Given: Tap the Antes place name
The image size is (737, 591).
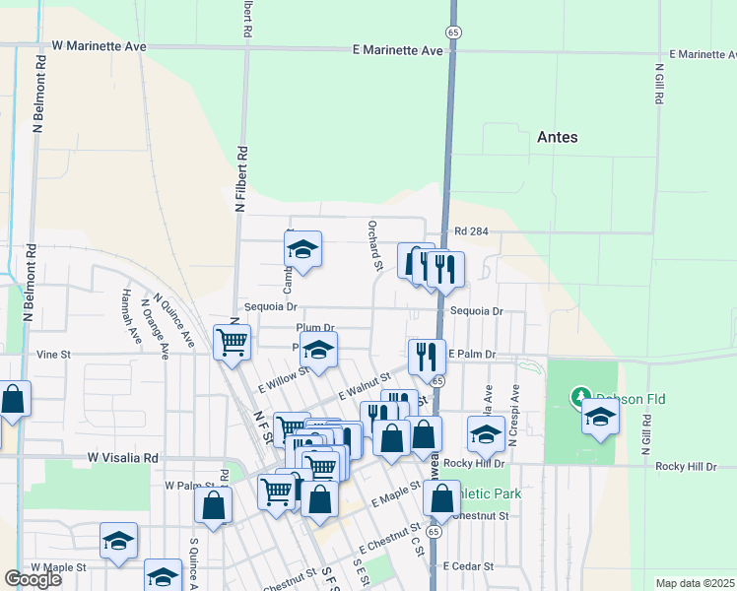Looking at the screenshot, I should click(557, 137).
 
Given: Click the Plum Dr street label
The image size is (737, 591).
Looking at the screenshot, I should click(315, 328).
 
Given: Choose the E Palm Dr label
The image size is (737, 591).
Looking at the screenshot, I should click(471, 354).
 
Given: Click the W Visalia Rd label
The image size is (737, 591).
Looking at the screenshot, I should click(122, 458).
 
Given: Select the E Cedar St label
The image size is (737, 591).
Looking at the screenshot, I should click(468, 566).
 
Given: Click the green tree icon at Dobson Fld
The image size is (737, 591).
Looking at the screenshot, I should click(582, 397).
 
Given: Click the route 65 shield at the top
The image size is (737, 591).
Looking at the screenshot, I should click(452, 32).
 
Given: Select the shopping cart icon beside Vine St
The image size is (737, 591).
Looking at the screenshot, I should click(232, 343).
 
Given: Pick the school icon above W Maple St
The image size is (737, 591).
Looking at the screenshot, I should click(118, 541).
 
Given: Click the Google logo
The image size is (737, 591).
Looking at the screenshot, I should click(33, 579).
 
